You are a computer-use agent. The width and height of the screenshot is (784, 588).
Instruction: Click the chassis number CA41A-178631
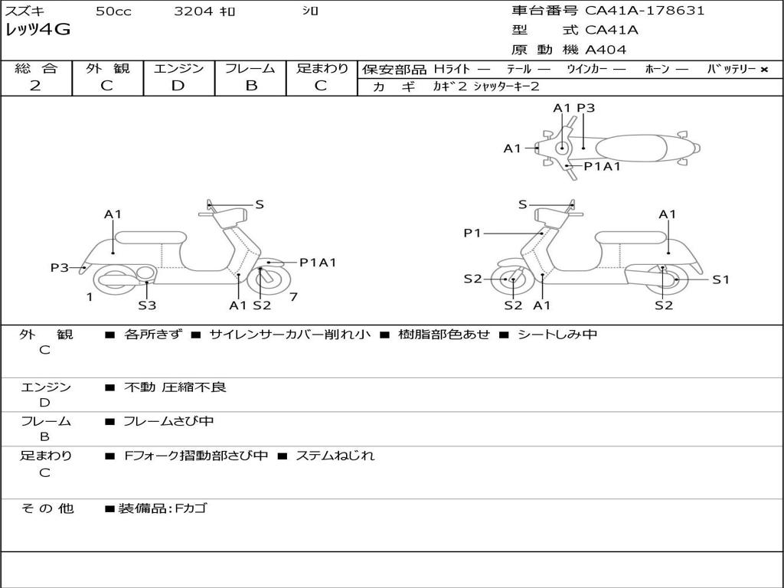[645, 11]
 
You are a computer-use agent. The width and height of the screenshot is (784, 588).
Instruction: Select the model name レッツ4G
[38, 30]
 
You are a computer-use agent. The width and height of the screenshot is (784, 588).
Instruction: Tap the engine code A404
[606, 50]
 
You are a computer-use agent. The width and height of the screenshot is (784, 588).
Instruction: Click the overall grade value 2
[35, 86]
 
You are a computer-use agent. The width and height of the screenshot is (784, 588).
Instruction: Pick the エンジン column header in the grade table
[178, 68]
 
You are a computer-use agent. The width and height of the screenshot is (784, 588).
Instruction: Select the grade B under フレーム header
[251, 86]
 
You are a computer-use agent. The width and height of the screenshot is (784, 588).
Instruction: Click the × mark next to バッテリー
[764, 70]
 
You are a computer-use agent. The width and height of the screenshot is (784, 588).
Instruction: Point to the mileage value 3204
[194, 11]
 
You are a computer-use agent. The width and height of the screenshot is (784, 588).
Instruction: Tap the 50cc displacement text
[113, 11]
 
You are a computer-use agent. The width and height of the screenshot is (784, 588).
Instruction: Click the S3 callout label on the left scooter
[147, 305]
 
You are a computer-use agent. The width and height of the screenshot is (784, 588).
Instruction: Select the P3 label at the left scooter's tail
[60, 268]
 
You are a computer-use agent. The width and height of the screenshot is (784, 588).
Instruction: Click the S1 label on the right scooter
[720, 280]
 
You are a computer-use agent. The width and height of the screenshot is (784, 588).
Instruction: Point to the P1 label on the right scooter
[472, 233]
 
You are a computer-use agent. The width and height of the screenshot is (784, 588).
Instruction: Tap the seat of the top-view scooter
[631, 149]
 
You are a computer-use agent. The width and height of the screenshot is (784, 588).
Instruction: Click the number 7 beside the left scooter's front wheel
[293, 297]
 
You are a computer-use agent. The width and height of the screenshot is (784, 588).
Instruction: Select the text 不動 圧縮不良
[175, 387]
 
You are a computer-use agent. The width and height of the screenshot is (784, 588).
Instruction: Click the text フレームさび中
[168, 422]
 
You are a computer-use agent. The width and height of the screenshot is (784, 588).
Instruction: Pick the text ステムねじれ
[335, 456]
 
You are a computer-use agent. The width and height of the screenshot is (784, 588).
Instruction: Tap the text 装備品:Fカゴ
[162, 508]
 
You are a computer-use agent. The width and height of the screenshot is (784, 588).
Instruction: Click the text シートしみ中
[557, 334]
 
